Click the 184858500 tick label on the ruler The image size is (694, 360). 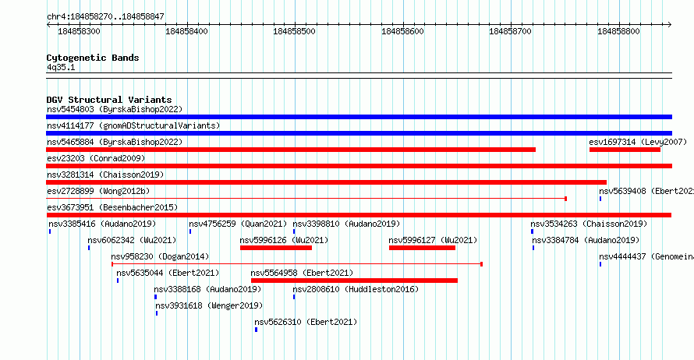click(x=294, y=31)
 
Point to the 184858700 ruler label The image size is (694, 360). click(x=510, y=31)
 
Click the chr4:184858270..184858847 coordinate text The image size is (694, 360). click(x=105, y=17)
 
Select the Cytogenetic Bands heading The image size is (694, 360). click(x=93, y=58)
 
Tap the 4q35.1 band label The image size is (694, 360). click(x=61, y=68)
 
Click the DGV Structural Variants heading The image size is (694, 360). click(x=109, y=100)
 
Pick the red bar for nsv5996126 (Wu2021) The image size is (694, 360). click(x=276, y=248)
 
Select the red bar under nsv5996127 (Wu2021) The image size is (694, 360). click(x=422, y=248)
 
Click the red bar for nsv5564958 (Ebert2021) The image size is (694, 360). click(x=354, y=281)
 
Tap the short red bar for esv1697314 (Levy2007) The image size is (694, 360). click(x=625, y=150)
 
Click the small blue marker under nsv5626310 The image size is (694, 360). click(x=257, y=330)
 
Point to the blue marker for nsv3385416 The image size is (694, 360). click(x=50, y=231)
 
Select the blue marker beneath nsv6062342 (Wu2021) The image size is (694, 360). click(x=89, y=248)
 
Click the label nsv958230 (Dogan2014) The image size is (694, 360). click(x=160, y=257)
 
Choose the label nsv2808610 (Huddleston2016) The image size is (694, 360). click(x=356, y=290)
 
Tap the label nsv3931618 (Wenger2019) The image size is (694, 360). click(x=209, y=306)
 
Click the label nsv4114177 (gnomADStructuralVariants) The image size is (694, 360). click(x=133, y=126)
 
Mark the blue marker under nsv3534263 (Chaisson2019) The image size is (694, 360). click(x=532, y=231)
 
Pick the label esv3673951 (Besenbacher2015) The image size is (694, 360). click(x=112, y=208)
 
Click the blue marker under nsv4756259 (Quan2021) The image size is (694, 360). click(x=190, y=231)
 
